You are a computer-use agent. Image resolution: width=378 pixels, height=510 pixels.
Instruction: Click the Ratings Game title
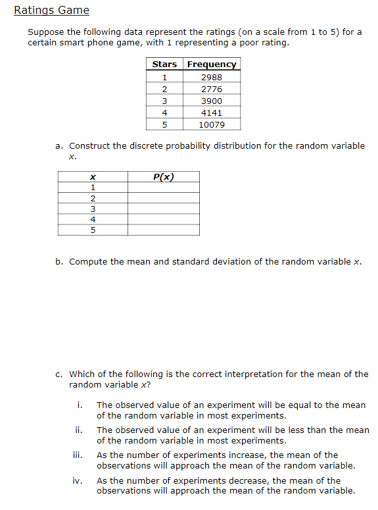click(51, 11)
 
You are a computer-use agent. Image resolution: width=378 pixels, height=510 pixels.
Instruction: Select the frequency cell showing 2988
click(212, 77)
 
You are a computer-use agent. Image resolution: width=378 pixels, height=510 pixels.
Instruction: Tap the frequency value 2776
click(212, 89)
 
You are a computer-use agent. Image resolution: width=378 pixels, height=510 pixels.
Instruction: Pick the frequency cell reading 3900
click(212, 101)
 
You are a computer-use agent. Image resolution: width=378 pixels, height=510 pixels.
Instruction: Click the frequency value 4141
click(212, 113)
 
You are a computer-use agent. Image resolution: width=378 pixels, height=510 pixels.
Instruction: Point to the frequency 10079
click(212, 124)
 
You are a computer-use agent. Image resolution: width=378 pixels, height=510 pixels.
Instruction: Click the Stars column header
click(164, 64)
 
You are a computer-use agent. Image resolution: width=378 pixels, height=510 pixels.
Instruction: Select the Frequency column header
click(212, 64)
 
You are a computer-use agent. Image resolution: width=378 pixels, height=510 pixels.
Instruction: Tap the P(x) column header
click(163, 176)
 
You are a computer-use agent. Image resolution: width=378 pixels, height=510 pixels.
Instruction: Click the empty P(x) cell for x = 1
click(163, 188)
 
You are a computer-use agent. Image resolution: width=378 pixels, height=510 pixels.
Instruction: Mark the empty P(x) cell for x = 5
click(163, 230)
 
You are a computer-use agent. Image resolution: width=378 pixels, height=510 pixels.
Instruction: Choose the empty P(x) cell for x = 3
click(163, 209)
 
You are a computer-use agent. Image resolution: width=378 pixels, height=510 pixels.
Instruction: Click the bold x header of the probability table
click(93, 176)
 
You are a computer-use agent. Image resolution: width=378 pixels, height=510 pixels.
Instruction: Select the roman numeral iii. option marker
click(77, 455)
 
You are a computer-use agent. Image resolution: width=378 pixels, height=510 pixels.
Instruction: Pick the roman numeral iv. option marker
click(77, 480)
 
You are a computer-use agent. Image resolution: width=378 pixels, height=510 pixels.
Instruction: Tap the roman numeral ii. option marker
click(78, 430)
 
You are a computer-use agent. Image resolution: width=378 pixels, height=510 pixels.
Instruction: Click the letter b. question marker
click(59, 261)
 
